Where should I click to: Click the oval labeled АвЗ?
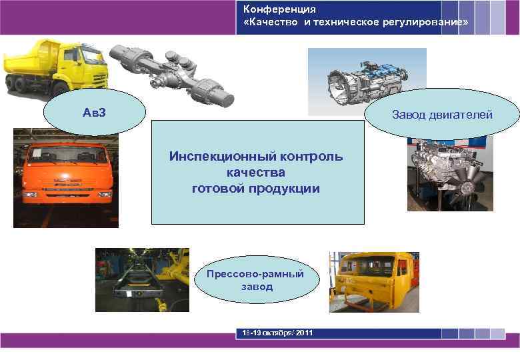click(x=94, y=111)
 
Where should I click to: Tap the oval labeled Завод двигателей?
click(x=442, y=115)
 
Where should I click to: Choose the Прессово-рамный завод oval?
click(x=255, y=280)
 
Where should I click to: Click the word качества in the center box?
click(x=256, y=173)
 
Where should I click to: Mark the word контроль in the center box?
click(x=313, y=157)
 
